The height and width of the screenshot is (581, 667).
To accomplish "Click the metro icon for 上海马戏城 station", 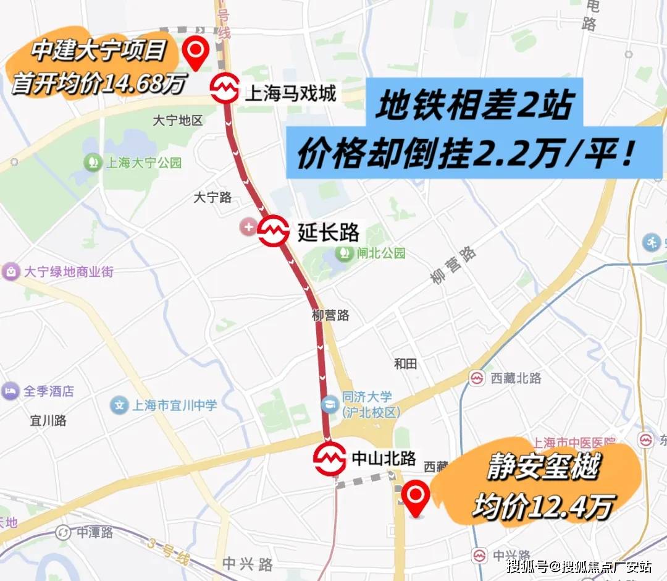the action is [x=224, y=88].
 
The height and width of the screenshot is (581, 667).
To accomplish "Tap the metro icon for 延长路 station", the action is [x=274, y=231].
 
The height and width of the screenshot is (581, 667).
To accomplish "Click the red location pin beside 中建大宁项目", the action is [x=196, y=52].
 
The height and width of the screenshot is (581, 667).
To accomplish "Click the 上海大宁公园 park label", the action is [x=143, y=163].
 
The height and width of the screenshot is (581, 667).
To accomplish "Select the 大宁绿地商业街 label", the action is [x=68, y=271].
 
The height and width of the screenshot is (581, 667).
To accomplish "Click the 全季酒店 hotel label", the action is [x=48, y=391].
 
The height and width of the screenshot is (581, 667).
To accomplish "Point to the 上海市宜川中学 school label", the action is [x=174, y=405].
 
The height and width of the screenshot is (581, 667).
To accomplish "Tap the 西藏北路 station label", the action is [x=516, y=378].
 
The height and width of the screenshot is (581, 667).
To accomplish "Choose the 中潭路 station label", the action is [x=94, y=532].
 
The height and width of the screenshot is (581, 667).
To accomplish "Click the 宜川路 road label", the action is [x=48, y=421].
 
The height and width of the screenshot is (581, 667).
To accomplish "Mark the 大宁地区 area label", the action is [x=177, y=120].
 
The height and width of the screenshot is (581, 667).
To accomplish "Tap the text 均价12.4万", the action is [x=542, y=507].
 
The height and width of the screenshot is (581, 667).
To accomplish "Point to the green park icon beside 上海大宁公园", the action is [x=93, y=163].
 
